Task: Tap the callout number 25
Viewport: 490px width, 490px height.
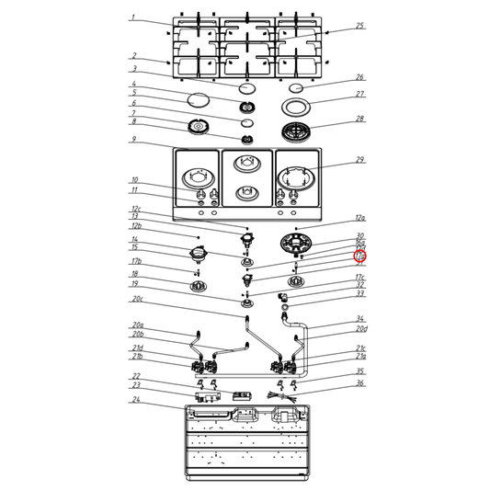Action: point(360,26)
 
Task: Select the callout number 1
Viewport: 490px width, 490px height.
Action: point(132,17)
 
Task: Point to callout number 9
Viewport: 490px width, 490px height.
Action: point(133,140)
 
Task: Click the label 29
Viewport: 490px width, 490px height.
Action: point(360,160)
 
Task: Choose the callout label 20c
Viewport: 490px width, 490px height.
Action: point(138,299)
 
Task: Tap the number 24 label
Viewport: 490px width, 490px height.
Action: point(135,400)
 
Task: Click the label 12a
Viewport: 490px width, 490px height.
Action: point(360,218)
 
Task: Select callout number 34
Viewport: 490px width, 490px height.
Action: point(360,319)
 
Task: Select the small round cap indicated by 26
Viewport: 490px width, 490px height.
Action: point(296,87)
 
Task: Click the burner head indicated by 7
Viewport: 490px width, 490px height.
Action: point(197,127)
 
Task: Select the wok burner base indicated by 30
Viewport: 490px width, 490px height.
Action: point(296,245)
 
